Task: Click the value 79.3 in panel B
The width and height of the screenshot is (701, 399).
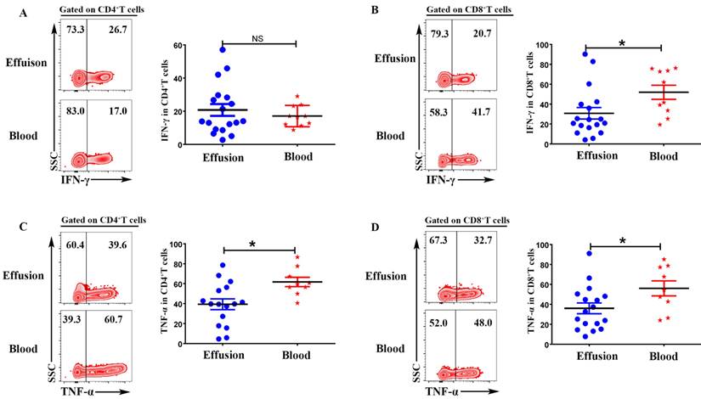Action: tap(438, 32)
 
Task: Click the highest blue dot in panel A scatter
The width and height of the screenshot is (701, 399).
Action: tap(223, 49)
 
